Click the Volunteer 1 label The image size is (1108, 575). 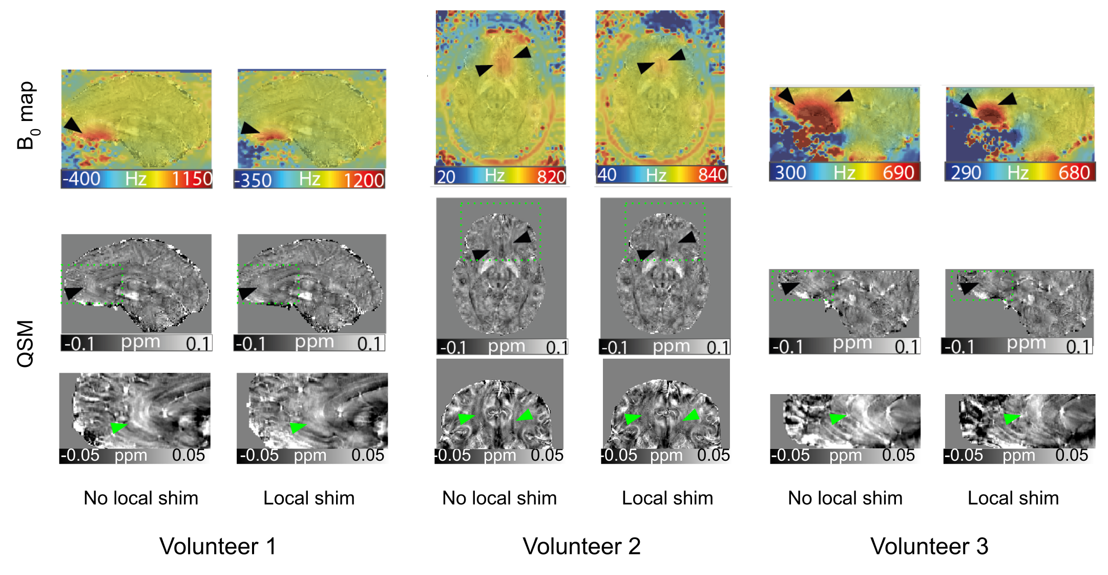[218, 546]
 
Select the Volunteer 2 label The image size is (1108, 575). [581, 546]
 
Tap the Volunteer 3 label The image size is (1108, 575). [929, 546]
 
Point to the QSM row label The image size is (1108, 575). [26, 344]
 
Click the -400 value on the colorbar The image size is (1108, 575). [81, 179]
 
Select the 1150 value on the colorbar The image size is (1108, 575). [192, 179]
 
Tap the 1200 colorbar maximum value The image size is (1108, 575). [364, 180]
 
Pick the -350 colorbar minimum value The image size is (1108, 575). [253, 180]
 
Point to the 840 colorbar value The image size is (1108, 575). [713, 175]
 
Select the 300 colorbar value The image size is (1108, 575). [790, 173]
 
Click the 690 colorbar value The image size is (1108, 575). [898, 173]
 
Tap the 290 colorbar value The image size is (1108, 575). [966, 173]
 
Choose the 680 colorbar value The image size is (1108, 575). [1074, 173]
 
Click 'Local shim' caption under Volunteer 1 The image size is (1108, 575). [309, 498]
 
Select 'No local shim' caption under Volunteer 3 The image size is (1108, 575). [845, 498]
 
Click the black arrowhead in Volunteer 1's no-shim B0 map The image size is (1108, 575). [72, 125]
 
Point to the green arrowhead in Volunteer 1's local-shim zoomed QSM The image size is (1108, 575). [297, 427]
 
